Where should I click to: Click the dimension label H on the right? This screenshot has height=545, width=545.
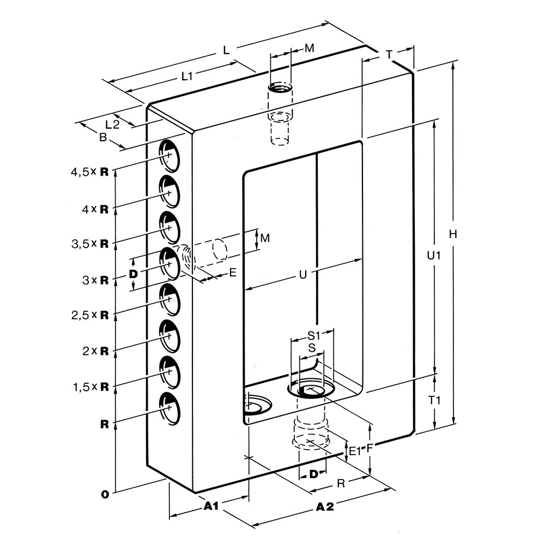tap(452, 234)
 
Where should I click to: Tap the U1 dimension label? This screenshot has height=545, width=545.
tap(433, 256)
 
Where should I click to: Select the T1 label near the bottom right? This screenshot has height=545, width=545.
tap(434, 400)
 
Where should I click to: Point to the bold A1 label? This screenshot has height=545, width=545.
tap(211, 506)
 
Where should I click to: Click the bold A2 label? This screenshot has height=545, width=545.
tap(325, 507)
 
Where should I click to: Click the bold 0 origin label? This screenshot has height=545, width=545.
tap(104, 494)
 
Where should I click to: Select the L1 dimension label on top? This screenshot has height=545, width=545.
tap(187, 77)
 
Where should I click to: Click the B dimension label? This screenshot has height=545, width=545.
tap(102, 138)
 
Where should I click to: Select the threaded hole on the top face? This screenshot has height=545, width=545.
tap(280, 88)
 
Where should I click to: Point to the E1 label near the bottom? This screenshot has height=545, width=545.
tap(355, 451)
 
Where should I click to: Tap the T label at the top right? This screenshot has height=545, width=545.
tap(389, 55)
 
